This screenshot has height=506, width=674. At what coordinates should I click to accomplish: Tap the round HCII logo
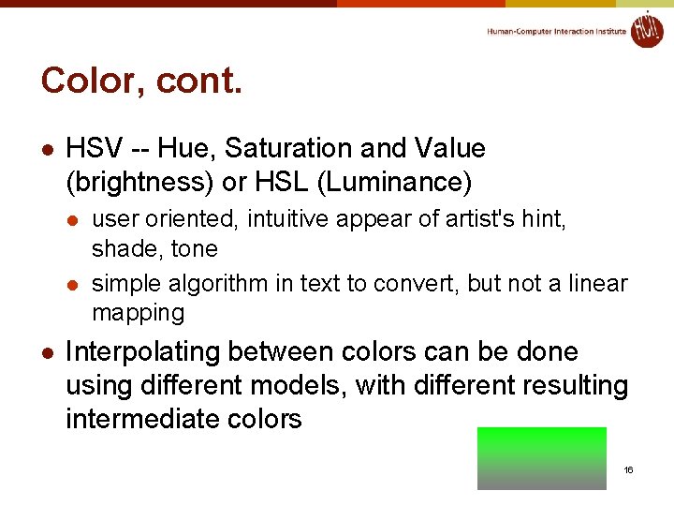646,29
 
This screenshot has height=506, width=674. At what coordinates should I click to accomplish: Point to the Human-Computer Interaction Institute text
556,32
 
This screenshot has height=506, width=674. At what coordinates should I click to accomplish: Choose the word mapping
138,312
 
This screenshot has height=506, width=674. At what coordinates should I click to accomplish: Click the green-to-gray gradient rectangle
541,458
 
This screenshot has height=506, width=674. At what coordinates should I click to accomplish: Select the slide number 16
628,469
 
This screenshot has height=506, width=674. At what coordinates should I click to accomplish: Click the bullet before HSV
47,150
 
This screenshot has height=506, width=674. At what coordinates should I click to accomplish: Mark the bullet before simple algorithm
72,284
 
